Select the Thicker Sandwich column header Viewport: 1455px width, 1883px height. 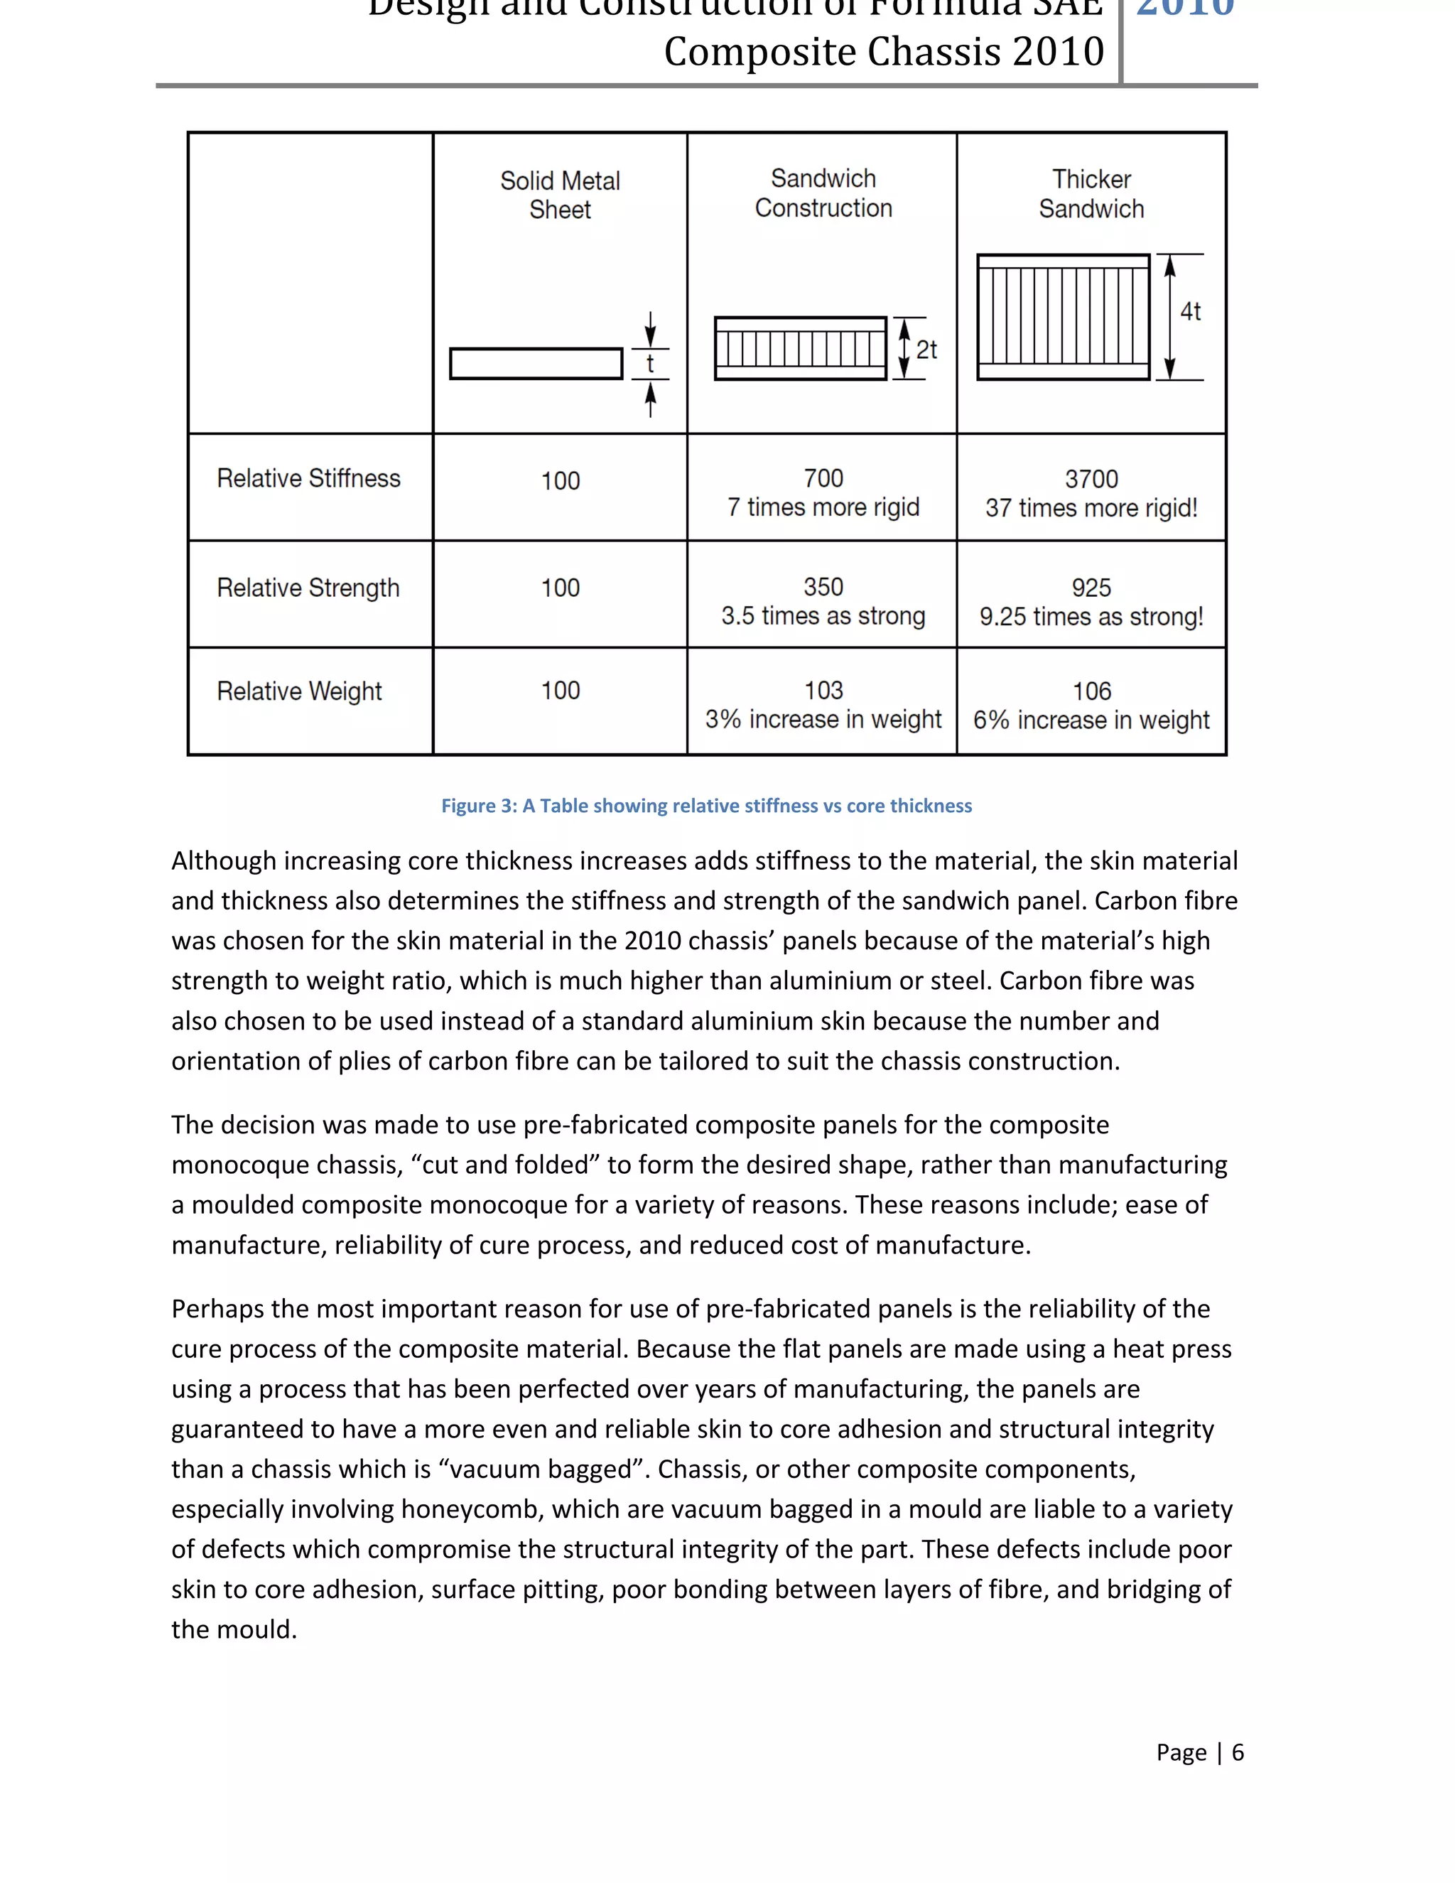click(x=1091, y=194)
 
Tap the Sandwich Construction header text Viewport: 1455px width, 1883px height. click(x=823, y=193)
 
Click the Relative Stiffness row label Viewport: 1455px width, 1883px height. click(x=308, y=478)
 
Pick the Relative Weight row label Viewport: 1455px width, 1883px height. click(x=299, y=691)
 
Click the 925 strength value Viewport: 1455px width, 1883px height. click(x=1091, y=588)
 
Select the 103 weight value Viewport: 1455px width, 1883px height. click(x=823, y=691)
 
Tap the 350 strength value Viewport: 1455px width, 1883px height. click(x=823, y=587)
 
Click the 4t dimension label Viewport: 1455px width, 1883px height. click(x=1191, y=311)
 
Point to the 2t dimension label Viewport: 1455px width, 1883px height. click(x=926, y=350)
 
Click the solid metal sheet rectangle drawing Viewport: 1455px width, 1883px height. click(x=536, y=363)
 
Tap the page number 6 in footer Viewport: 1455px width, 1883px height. click(x=1238, y=1753)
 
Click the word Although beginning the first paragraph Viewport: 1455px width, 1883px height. click(x=223, y=860)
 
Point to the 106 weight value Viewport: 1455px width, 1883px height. click(x=1091, y=691)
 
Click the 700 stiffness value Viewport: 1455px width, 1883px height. click(x=823, y=478)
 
